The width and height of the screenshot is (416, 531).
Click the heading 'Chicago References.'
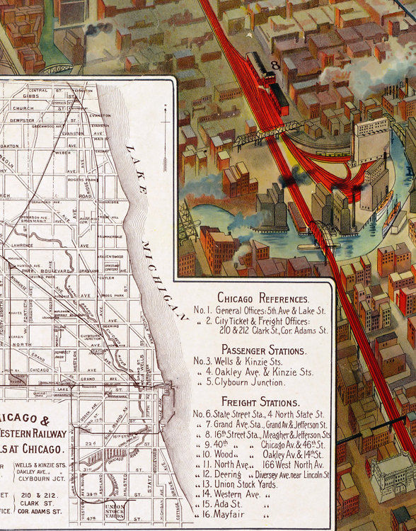pyautogui.click(x=262, y=297)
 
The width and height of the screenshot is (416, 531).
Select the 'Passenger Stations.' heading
pyautogui.click(x=263, y=350)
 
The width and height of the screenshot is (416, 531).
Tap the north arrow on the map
pyautogui.click(x=165, y=124)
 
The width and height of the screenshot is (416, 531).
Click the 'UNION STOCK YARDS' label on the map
pyautogui.click(x=114, y=510)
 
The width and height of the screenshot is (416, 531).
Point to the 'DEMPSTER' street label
pyautogui.click(x=24, y=120)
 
